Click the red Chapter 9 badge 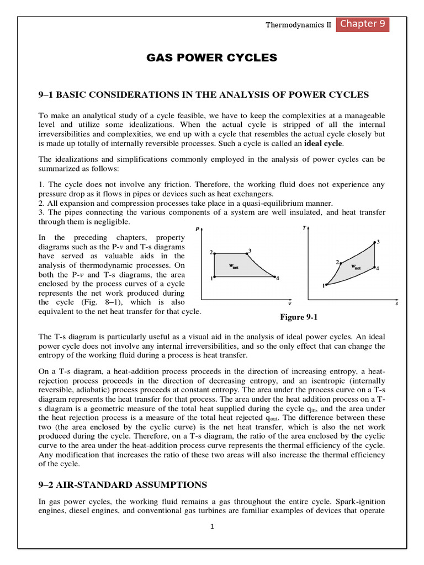363,24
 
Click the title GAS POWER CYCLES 211,58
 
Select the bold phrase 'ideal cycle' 324,143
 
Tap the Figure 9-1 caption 300,317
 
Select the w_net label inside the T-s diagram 356,266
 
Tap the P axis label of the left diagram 198,229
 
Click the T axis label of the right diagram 304,228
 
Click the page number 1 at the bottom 211,526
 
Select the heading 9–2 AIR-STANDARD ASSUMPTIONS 123,484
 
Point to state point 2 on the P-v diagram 214,253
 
